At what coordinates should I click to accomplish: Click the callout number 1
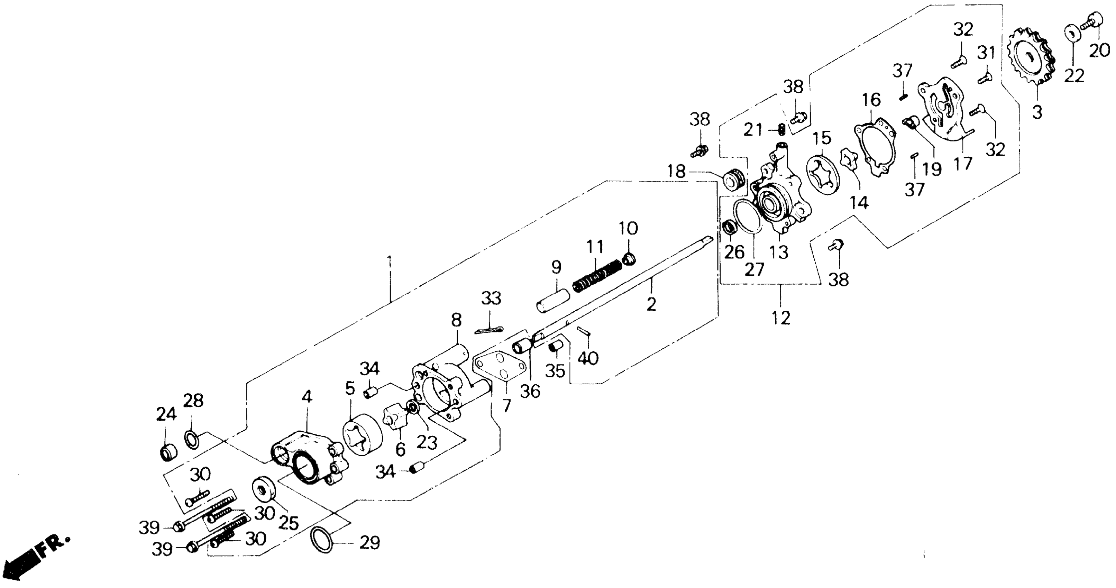pos(390,262)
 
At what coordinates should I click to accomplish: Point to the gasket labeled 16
pos(875,147)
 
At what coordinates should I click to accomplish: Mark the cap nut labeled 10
pos(629,259)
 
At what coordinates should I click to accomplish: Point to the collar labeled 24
pos(168,453)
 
